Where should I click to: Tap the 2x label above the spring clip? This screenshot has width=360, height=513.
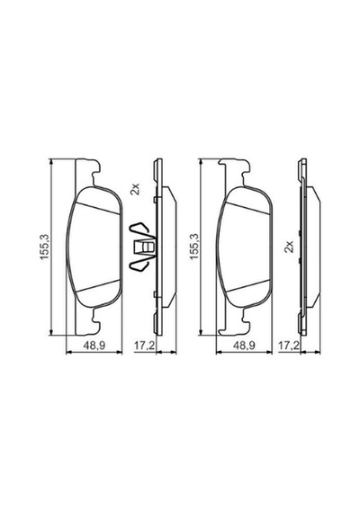135,189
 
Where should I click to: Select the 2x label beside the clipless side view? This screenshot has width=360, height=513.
289,246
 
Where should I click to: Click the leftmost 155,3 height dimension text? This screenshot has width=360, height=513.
45,247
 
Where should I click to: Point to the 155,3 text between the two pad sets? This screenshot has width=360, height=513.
194,247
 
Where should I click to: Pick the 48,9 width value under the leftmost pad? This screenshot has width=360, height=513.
94,346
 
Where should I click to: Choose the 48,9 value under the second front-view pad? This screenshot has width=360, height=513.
244,346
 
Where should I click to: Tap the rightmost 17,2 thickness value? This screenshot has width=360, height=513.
288,346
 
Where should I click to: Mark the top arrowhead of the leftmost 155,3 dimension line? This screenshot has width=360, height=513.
50,162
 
